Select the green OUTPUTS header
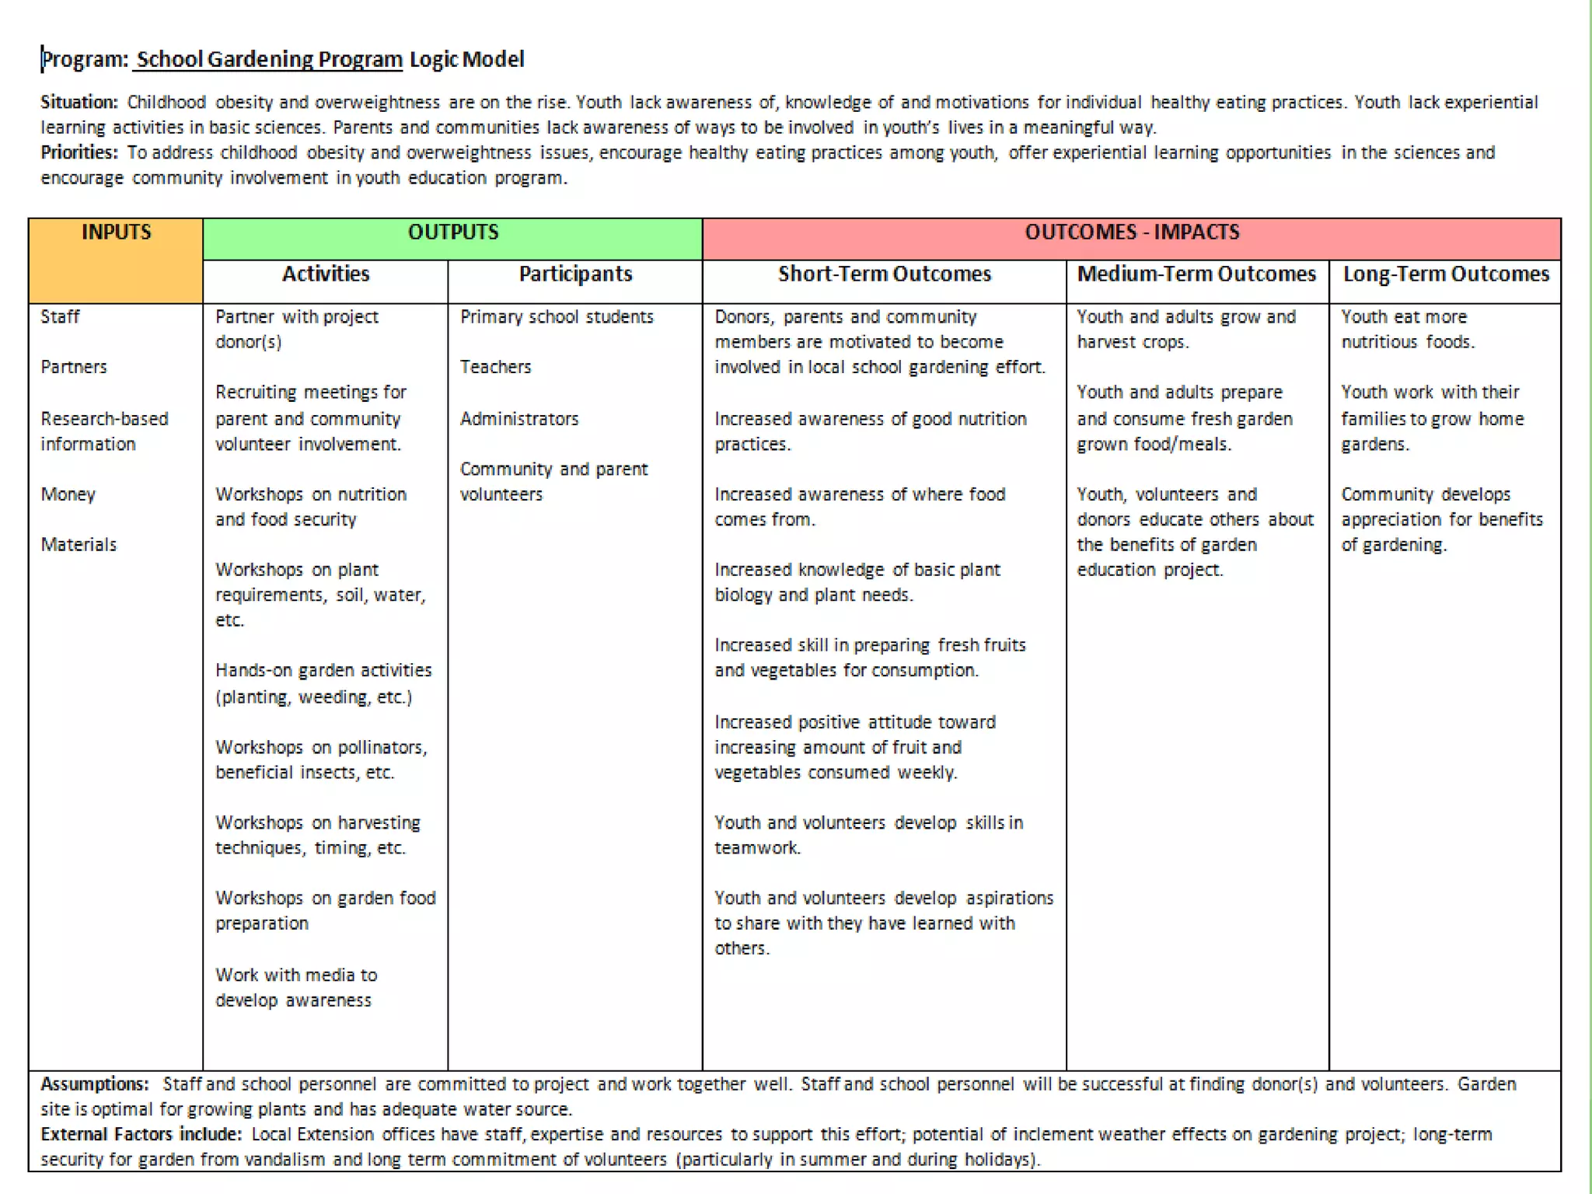pos(453,232)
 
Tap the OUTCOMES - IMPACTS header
pos(1132,232)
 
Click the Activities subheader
pos(326,274)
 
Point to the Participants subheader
pos(575,274)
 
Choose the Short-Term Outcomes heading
pos(885,274)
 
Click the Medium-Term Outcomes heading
pos(1196,274)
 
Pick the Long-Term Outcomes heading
pos(1446,274)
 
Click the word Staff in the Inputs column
pos(61,317)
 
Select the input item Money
pos(68,494)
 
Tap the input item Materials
pos(79,545)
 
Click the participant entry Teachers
pos(495,367)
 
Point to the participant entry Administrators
pos(519,419)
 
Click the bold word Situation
pos(79,103)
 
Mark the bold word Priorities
pos(79,152)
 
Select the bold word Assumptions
pos(94,1084)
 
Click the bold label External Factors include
pos(141,1135)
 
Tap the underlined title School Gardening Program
pos(269,60)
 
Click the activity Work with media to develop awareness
pos(296,987)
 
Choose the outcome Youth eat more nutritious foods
pos(1407,330)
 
